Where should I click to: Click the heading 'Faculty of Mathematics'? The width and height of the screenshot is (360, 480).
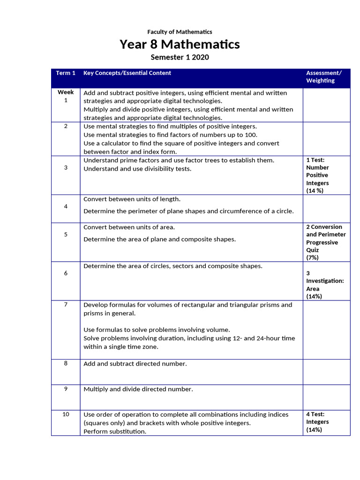point(180,32)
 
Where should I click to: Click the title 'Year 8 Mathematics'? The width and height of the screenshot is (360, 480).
point(180,45)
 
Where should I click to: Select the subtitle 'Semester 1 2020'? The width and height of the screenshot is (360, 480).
point(180,57)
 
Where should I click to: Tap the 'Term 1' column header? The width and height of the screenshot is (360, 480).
point(66,73)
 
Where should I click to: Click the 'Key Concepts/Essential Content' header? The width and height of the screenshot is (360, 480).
point(127,73)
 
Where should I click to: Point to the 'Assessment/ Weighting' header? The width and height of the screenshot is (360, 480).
point(324,77)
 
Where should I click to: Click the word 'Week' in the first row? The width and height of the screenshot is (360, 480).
point(66,92)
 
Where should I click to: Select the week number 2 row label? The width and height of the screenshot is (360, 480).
point(66,126)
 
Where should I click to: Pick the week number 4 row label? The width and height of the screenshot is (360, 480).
point(66,206)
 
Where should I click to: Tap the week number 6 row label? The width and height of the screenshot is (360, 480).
point(66,273)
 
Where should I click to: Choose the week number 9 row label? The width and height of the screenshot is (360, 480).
point(66,389)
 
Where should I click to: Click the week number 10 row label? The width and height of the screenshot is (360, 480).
point(66,414)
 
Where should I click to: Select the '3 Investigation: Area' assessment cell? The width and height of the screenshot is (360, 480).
point(325,285)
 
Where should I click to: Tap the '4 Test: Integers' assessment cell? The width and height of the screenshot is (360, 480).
point(317,422)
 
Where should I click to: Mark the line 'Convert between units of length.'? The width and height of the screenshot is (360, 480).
point(132,199)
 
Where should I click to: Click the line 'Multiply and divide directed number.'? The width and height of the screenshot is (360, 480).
point(138,389)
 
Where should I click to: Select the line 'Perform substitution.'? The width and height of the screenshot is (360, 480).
point(115,431)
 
